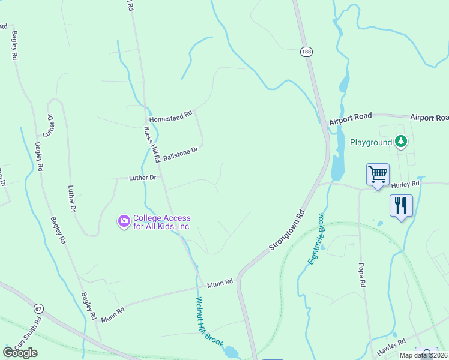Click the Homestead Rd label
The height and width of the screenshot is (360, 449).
tap(170, 113)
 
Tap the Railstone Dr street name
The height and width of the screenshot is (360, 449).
tap(180, 154)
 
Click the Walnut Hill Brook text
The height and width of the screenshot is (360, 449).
tap(209, 321)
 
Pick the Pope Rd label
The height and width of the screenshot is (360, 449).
tap(361, 275)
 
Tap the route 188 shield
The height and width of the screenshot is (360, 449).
tap(307, 52)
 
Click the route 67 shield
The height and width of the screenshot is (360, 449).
tap(39, 308)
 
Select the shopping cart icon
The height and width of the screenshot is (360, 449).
tap(378, 175)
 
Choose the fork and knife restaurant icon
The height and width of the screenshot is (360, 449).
tap(401, 206)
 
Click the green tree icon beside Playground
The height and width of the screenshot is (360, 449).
tap(401, 142)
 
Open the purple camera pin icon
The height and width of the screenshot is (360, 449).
tap(124, 222)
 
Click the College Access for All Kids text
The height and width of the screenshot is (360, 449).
tap(161, 222)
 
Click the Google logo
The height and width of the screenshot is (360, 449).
tap(20, 352)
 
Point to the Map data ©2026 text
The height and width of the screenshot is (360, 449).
tap(423, 355)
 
